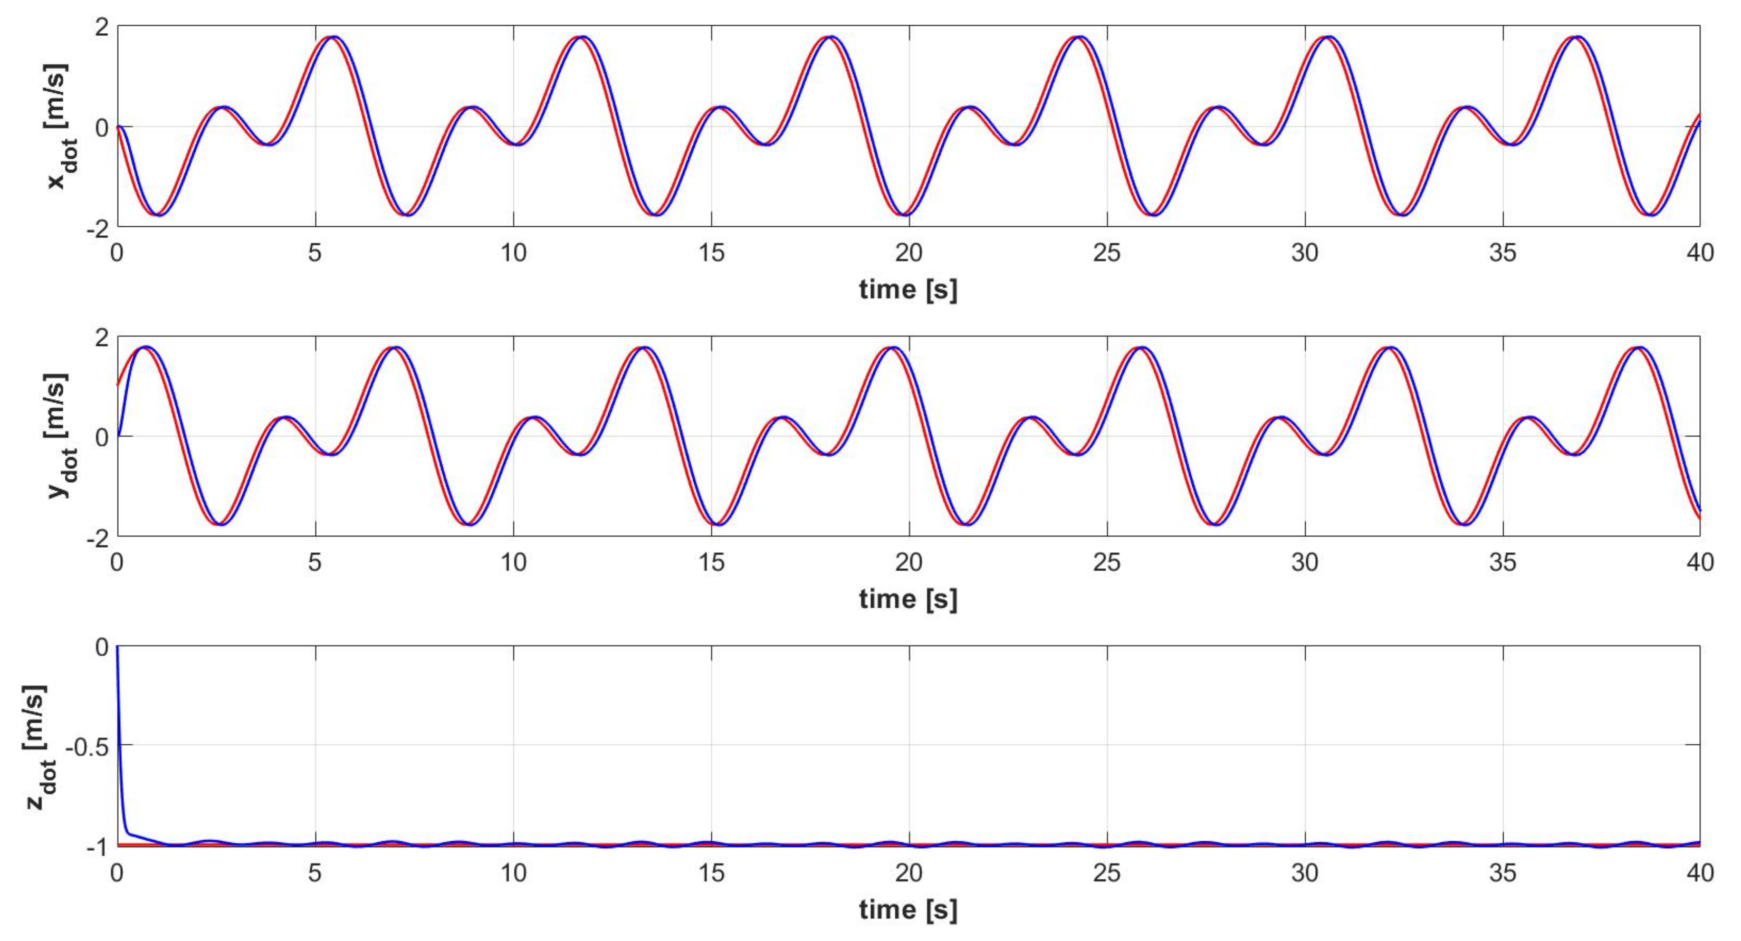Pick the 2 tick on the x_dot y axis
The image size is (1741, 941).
tap(101, 27)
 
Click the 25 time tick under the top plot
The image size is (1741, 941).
tap(1106, 253)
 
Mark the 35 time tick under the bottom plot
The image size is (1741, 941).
tap(1503, 873)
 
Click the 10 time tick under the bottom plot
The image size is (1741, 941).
tap(513, 873)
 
